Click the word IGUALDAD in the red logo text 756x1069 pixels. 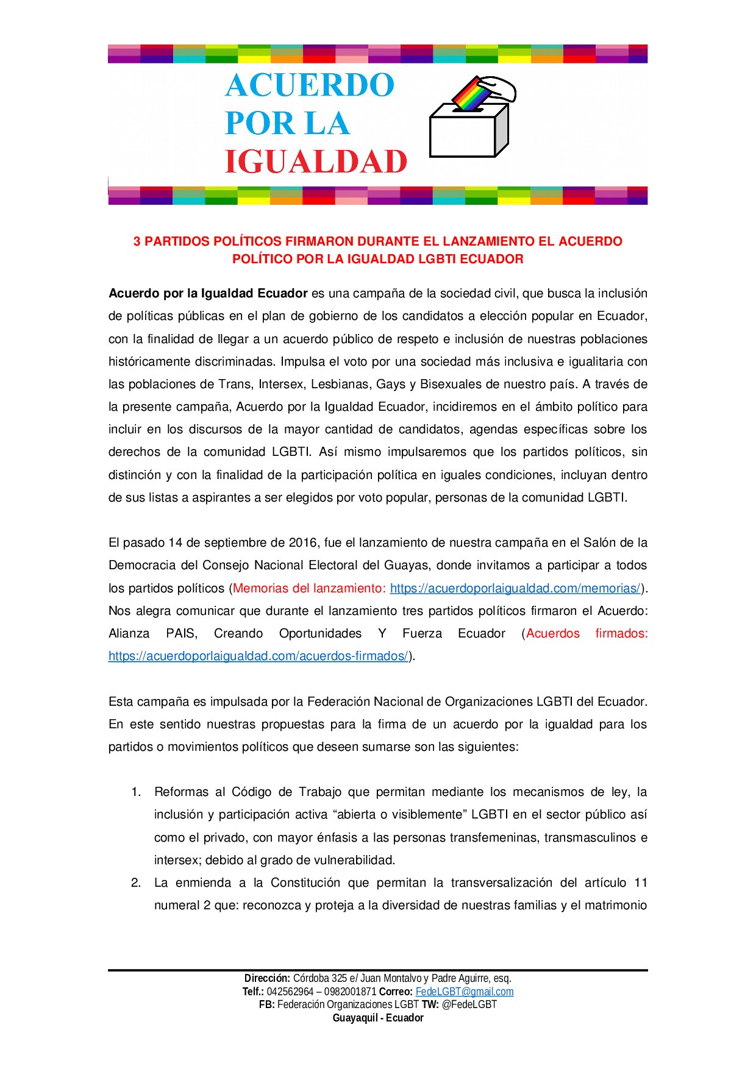pyautogui.click(x=316, y=162)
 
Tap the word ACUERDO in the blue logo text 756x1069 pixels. pyautogui.click(x=310, y=85)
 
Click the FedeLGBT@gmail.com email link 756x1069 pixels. pyautogui.click(x=465, y=992)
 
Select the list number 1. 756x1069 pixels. pyautogui.click(x=136, y=792)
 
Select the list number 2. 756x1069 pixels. pyautogui.click(x=136, y=883)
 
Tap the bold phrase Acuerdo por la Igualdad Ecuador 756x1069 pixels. pyautogui.click(x=208, y=293)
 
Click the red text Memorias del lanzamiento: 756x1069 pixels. pyautogui.click(x=309, y=588)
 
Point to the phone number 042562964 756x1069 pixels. pyautogui.click(x=290, y=992)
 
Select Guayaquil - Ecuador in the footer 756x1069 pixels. pyautogui.click(x=378, y=1018)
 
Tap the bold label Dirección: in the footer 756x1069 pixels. pyautogui.click(x=267, y=978)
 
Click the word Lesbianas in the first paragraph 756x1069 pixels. pyautogui.click(x=340, y=384)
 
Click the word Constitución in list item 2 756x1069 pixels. pyautogui.click(x=305, y=883)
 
